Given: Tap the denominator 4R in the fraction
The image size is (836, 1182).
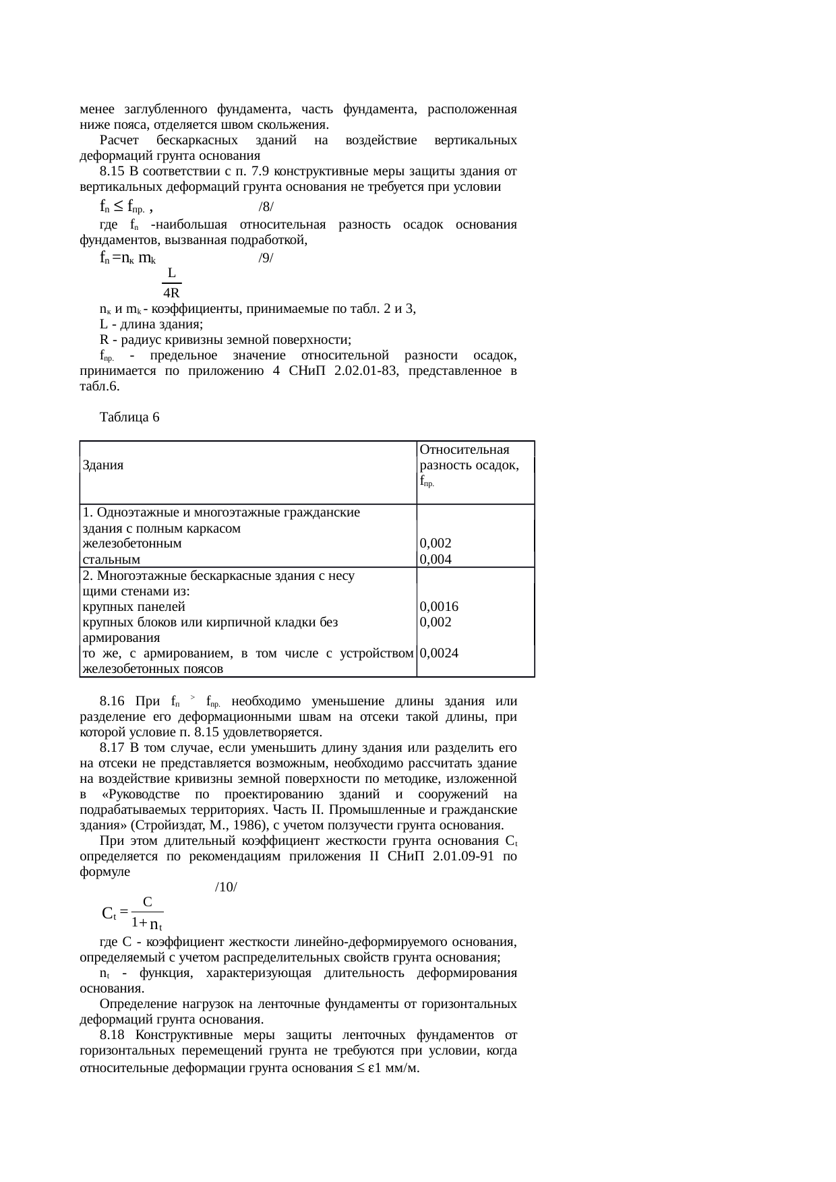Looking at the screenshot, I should point(171,293).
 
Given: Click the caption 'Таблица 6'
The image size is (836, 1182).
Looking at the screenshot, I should point(129,417).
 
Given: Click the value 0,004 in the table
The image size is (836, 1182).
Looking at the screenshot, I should point(436,559).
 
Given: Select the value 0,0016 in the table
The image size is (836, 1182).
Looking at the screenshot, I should point(439,606).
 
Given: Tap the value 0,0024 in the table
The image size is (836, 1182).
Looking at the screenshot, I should point(439,653).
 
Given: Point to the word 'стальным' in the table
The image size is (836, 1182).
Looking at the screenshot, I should point(111,559).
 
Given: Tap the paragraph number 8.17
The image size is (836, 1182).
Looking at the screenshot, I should point(112,748).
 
